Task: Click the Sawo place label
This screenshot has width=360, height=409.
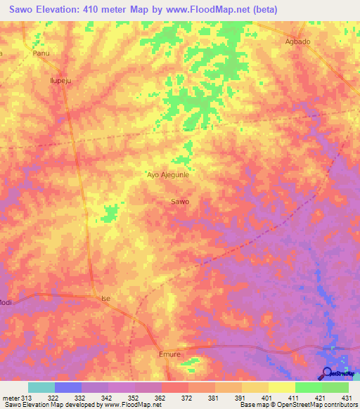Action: (x=180, y=202)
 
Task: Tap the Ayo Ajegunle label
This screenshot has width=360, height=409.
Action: (x=168, y=174)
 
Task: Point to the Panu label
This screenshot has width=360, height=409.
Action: (x=41, y=53)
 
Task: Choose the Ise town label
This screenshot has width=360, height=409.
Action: (x=106, y=299)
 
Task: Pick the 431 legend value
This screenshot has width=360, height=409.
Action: (x=348, y=398)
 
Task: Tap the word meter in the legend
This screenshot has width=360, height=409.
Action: (x=11, y=398)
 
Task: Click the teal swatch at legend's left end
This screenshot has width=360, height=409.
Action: (x=41, y=387)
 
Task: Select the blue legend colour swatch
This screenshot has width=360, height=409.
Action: (x=68, y=387)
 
